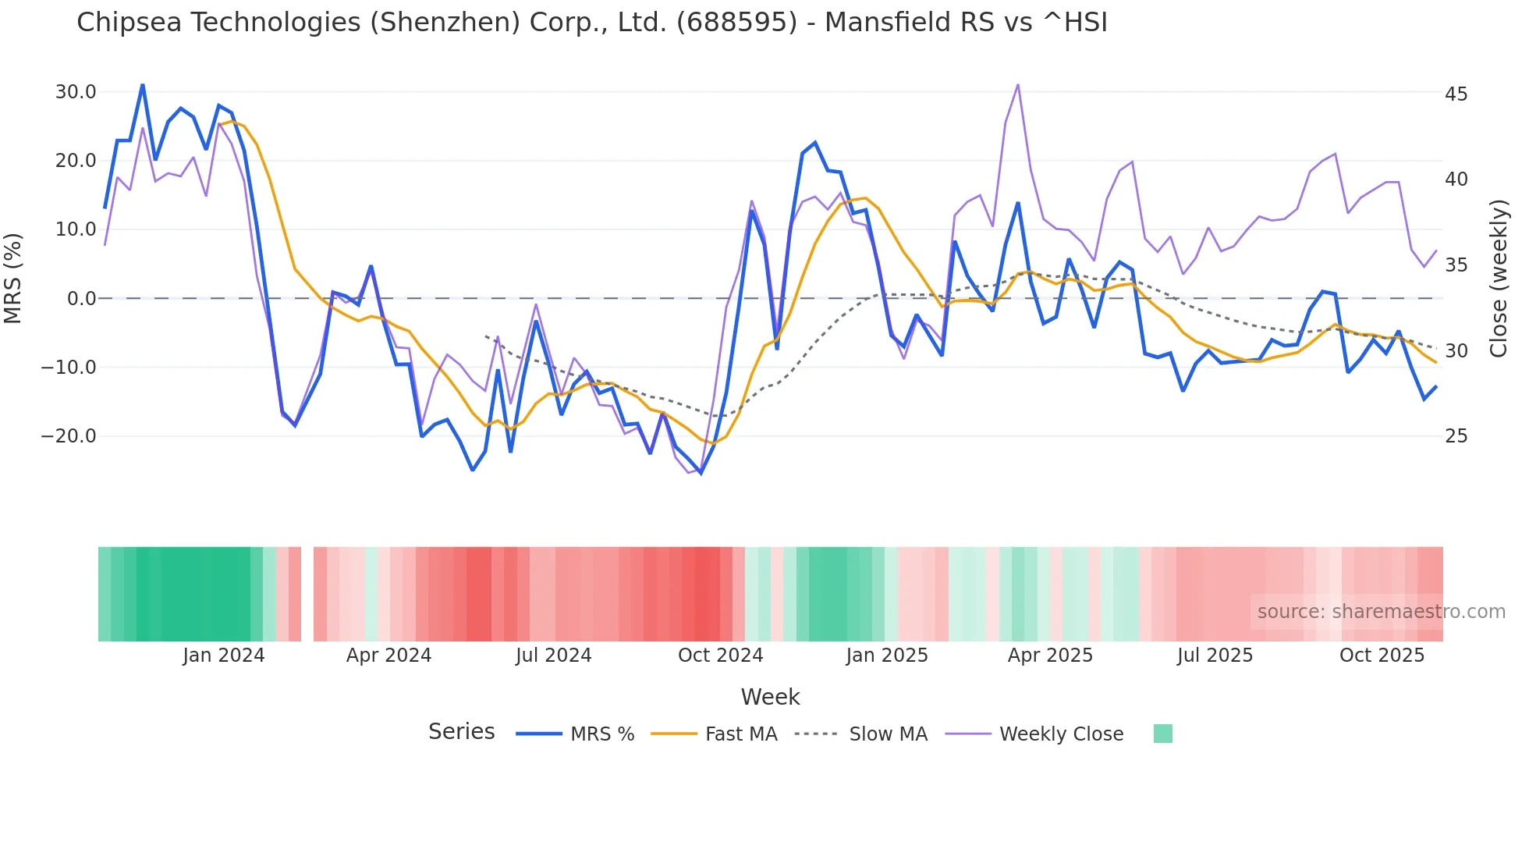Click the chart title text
coord(591,23)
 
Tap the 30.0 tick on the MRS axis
coord(76,92)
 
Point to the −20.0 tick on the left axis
coord(69,436)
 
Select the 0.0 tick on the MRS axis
coord(81,299)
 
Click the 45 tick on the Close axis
coord(1456,94)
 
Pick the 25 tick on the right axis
coord(1456,436)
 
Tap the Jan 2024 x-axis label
coord(224,656)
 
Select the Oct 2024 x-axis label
coord(720,656)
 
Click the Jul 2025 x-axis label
coord(1215,656)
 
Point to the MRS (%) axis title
coord(13,279)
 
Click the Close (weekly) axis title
coord(1499,279)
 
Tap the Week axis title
coord(770,697)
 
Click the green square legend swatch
coord(1162,734)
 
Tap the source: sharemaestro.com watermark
coord(1381,612)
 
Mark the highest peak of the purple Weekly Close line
coord(1018,84)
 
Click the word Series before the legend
coord(461,732)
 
